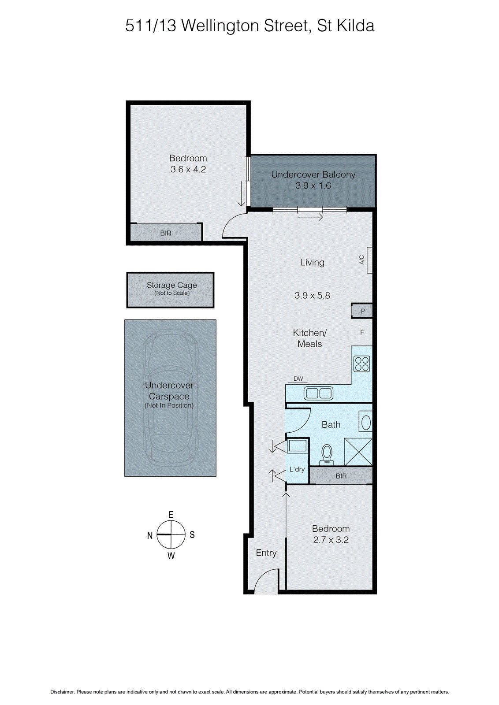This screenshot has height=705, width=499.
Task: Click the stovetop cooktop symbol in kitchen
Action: click(x=362, y=364)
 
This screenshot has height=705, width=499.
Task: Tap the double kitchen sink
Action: click(x=319, y=393)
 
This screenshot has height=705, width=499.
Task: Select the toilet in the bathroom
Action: click(x=327, y=454)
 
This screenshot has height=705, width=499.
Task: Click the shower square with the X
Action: click(x=358, y=452)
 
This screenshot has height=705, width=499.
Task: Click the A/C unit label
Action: click(x=362, y=260)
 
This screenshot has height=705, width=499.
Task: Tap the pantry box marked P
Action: click(x=363, y=311)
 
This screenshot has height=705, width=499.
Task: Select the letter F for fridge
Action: click(x=362, y=333)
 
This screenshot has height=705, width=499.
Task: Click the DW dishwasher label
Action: click(x=298, y=379)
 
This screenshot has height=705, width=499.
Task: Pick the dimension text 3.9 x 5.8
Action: click(x=312, y=296)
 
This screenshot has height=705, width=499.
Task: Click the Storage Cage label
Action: click(x=171, y=286)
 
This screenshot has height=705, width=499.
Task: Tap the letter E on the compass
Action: click(x=171, y=515)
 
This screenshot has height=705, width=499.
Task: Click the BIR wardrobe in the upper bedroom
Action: click(x=166, y=233)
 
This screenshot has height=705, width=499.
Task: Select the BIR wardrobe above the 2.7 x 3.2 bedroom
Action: click(x=341, y=476)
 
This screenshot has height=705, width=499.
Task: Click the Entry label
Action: click(x=266, y=553)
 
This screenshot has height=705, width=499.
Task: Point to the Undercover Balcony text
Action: click(x=313, y=175)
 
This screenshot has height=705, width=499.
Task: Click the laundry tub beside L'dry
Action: click(x=298, y=446)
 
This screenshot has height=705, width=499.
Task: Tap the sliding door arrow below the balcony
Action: click(x=310, y=217)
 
